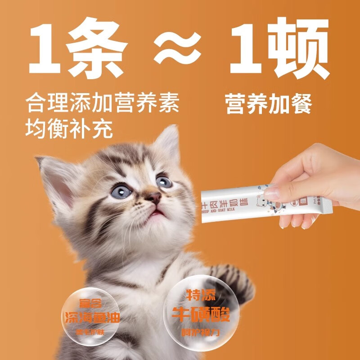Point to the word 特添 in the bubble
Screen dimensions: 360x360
pos(201,296)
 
